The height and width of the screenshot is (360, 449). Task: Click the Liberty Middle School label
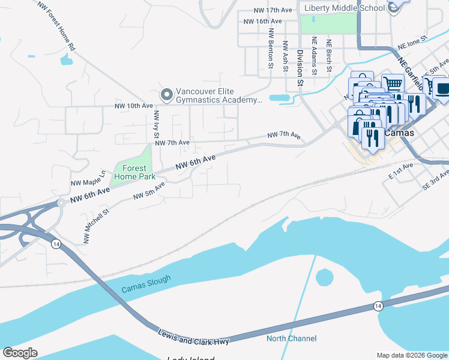click(x=345, y=8)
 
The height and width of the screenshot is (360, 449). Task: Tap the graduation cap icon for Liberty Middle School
click(x=393, y=7)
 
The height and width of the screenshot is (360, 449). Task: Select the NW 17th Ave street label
click(x=273, y=10)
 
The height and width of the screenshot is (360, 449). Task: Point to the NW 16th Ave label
click(x=263, y=21)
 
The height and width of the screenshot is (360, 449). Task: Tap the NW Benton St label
click(x=271, y=49)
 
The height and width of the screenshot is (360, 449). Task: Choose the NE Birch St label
click(x=328, y=55)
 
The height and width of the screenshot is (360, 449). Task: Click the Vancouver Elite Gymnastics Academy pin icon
click(x=166, y=94)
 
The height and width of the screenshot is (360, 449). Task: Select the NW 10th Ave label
click(x=134, y=106)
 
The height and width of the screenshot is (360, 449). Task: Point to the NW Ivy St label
click(x=156, y=124)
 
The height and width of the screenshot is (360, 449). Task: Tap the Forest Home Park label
click(x=131, y=172)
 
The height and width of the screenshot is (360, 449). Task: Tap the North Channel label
click(x=291, y=338)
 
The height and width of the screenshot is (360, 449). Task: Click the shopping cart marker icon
click(x=393, y=84)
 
